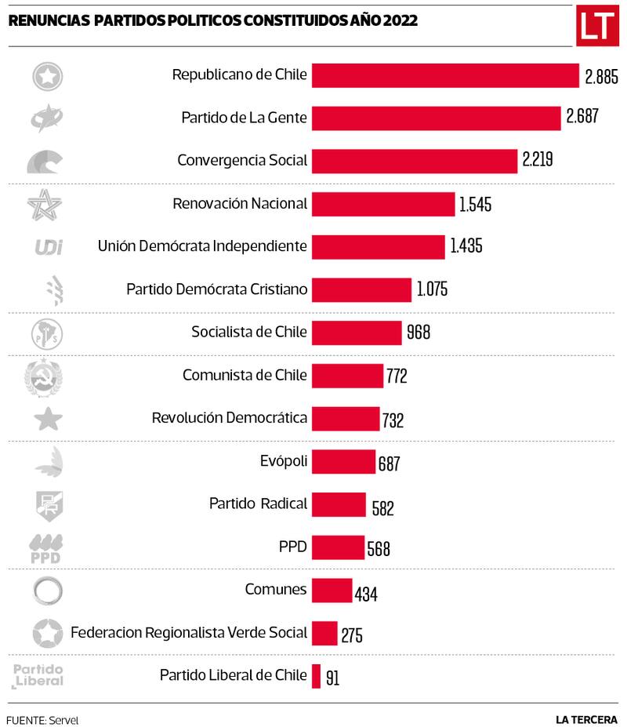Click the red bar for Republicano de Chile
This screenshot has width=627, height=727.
click(x=445, y=76)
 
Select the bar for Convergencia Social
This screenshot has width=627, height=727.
click(x=415, y=161)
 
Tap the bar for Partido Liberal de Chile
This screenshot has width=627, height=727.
click(x=317, y=675)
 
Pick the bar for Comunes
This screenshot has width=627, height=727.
click(x=332, y=590)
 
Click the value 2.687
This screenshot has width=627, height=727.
click(x=582, y=118)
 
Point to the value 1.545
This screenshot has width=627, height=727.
click(x=476, y=205)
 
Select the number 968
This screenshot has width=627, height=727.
click(x=419, y=333)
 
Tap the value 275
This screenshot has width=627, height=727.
click(x=352, y=634)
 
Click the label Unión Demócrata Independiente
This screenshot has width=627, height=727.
click(x=202, y=246)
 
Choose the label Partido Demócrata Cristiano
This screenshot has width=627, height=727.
click(x=216, y=289)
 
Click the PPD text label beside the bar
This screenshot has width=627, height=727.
click(x=292, y=546)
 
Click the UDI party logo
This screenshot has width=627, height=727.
click(x=49, y=247)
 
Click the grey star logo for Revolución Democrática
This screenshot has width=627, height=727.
click(x=49, y=419)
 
